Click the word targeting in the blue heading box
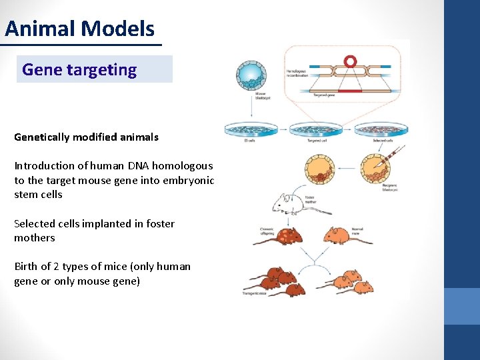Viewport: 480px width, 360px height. [107, 69]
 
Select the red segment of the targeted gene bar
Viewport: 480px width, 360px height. [349, 90]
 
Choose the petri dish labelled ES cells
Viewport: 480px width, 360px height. [251, 130]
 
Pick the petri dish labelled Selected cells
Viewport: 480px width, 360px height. [381, 130]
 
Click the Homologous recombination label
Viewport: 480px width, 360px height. [298, 74]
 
